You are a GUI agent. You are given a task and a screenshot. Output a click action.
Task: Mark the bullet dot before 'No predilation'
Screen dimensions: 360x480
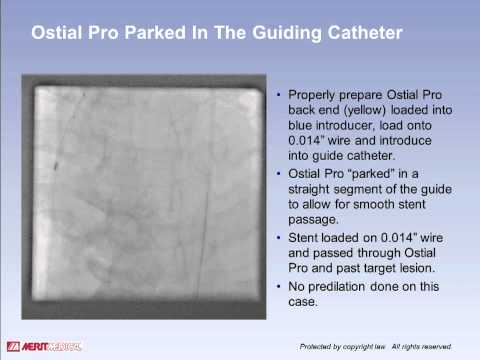point(278,287)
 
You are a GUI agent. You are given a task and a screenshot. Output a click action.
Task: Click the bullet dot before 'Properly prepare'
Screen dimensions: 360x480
point(278,96)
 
